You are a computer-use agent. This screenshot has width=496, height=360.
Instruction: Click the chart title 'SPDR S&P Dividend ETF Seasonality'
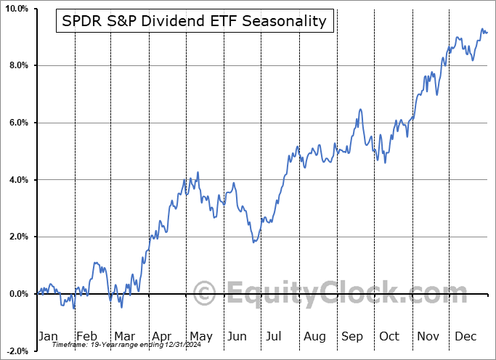tap(195, 21)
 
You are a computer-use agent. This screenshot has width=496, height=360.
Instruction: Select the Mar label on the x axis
tap(125, 337)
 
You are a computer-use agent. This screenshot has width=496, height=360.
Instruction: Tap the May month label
tap(200, 337)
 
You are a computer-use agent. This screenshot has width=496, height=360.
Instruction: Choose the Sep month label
tap(352, 337)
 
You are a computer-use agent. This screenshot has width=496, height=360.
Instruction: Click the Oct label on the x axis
tap(389, 337)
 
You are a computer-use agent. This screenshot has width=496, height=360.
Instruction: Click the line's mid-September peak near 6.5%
tap(360, 110)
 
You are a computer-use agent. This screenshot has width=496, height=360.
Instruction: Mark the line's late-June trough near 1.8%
tap(253, 242)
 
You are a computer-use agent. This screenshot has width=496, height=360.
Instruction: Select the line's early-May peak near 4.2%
tap(198, 172)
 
